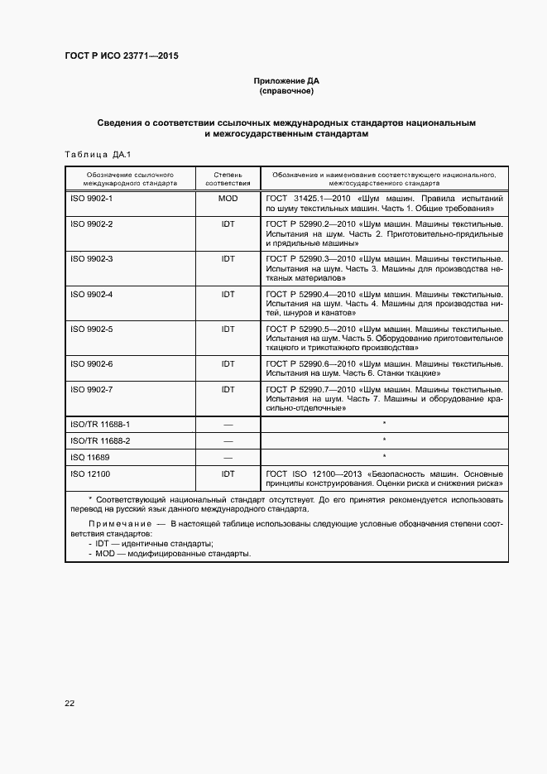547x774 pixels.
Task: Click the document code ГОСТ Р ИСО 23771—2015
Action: pyautogui.click(x=121, y=56)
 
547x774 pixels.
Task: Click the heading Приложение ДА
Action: pyautogui.click(x=285, y=81)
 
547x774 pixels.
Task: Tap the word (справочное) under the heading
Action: pyautogui.click(x=285, y=91)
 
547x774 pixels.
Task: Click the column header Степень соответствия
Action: pyautogui.click(x=228, y=179)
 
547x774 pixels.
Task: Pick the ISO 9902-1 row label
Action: pyautogui.click(x=92, y=200)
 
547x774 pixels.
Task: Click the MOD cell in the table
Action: pyautogui.click(x=228, y=200)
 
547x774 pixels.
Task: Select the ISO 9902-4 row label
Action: pyautogui.click(x=92, y=294)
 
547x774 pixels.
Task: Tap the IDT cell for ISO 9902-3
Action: pyautogui.click(x=228, y=259)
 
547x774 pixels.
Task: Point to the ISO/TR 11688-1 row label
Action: pyautogui.click(x=101, y=424)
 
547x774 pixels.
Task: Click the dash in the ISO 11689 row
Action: pyautogui.click(x=228, y=458)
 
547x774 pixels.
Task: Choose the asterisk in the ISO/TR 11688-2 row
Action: pyautogui.click(x=384, y=440)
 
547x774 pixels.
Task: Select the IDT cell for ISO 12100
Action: pyautogui.click(x=228, y=474)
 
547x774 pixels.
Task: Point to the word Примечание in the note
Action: pyautogui.click(x=119, y=525)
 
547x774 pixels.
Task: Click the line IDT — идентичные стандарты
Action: pyautogui.click(x=149, y=543)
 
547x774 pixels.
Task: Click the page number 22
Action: pyautogui.click(x=70, y=703)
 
